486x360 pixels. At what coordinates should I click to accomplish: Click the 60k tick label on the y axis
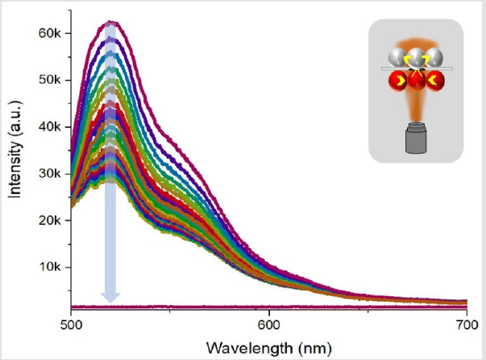50,33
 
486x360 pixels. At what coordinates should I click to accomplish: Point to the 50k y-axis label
50,80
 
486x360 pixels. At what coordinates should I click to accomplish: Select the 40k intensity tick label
50,126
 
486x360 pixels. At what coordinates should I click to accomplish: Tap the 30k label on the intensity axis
50,173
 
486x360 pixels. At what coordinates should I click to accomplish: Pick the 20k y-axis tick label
50,221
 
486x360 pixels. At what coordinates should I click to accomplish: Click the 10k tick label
50,267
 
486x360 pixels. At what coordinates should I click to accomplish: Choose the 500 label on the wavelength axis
71,325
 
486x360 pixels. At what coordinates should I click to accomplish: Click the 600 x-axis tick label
268,325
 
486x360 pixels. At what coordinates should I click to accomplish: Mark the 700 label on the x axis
467,325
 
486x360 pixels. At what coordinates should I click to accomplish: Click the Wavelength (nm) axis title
268,348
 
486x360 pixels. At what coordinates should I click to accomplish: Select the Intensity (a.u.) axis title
15,149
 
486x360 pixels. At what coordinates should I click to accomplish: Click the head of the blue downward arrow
110,297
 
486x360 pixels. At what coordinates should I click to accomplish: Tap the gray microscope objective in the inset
416,138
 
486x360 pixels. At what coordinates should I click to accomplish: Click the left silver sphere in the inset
397,58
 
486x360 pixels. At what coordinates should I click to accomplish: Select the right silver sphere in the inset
434,58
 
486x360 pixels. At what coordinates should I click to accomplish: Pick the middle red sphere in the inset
416,80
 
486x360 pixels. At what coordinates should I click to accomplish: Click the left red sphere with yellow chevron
398,81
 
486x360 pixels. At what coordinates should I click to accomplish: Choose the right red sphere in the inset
435,81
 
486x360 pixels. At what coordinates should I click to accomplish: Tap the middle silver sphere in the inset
416,58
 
